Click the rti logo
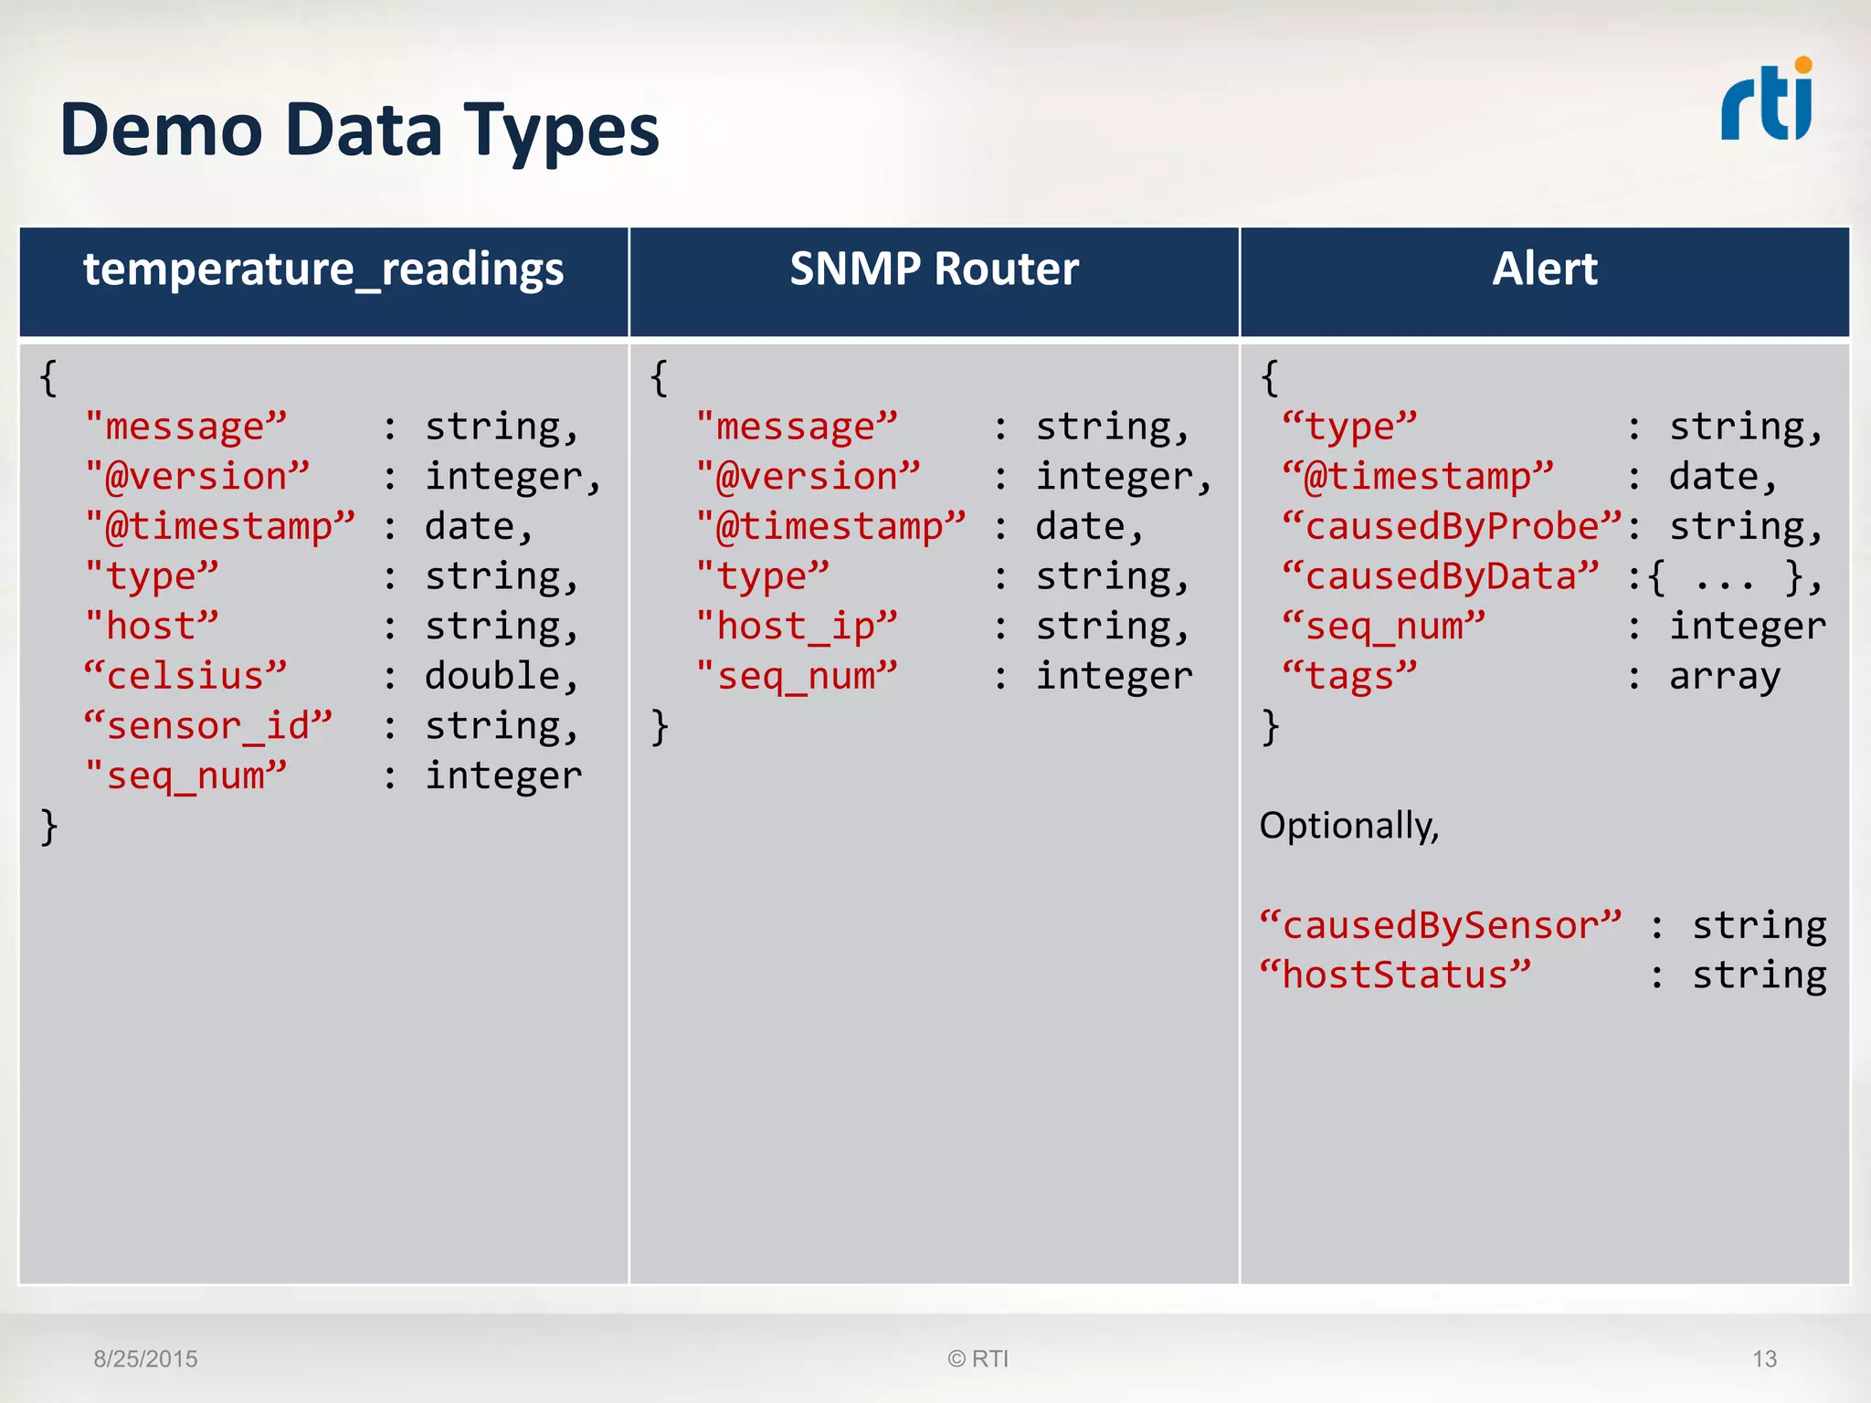1766,101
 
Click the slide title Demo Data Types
359,131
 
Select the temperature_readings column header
323,269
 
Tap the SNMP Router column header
934,269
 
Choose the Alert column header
1544,269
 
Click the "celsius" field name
185,677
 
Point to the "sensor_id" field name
208,727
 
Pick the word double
492,677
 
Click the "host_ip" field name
797,628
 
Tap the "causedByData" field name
1440,577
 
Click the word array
1724,677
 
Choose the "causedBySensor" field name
1440,926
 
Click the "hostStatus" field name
1394,976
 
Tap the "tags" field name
1349,677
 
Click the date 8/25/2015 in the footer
145,1359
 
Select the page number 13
1764,1359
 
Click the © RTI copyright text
978,1359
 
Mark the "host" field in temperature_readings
152,628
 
